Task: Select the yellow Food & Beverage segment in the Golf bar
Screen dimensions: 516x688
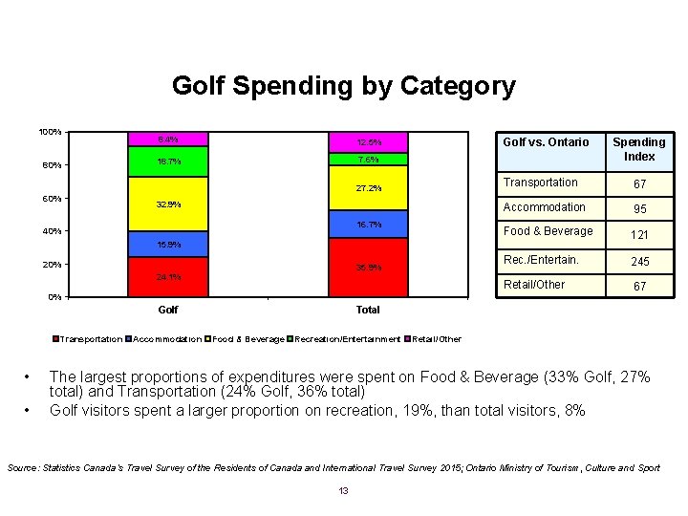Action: click(168, 204)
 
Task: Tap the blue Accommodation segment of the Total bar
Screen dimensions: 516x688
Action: click(369, 225)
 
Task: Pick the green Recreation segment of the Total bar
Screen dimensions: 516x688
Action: click(369, 160)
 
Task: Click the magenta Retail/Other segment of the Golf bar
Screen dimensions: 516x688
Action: click(168, 140)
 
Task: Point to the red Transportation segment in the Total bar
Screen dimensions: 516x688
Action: click(369, 268)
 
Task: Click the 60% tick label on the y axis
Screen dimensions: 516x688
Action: click(51, 198)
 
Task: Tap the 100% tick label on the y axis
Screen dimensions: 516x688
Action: click(50, 131)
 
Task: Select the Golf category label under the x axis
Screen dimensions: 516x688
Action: click(168, 310)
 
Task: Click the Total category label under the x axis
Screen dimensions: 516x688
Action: click(368, 310)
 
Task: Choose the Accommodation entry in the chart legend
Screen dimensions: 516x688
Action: click(163, 339)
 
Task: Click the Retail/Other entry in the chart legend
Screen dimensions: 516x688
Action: click(436, 339)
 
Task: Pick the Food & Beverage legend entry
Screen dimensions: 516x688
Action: click(247, 339)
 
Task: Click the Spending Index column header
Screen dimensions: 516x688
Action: click(639, 149)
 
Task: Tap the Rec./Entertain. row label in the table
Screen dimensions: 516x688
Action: click(541, 260)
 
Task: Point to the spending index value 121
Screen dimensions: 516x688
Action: click(639, 235)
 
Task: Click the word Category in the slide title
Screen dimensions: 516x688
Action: click(450, 87)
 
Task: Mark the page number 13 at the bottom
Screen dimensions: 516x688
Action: click(344, 491)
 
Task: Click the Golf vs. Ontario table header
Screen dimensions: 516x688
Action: click(546, 142)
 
